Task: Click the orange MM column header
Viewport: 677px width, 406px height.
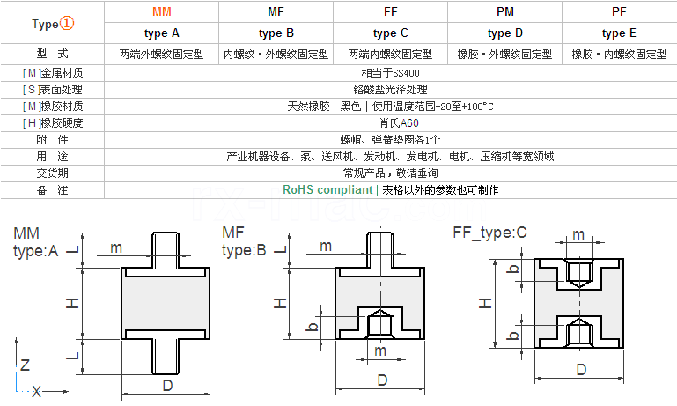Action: tap(162, 11)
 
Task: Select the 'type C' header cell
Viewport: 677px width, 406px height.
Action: tap(390, 33)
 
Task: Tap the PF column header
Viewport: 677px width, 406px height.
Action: tap(619, 11)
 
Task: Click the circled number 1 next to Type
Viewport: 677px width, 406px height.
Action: tap(67, 23)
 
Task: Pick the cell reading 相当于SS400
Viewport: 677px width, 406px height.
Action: tap(390, 73)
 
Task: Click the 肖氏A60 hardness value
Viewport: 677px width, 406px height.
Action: tap(399, 123)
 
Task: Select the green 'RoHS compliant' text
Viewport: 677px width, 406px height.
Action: tap(327, 189)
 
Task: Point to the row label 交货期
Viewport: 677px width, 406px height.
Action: tap(52, 173)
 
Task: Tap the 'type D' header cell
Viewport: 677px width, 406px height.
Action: tap(504, 33)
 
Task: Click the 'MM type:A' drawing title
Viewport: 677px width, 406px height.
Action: tap(36, 242)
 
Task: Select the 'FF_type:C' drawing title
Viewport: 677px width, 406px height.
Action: tap(489, 233)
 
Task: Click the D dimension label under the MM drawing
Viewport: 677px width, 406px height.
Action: tap(167, 385)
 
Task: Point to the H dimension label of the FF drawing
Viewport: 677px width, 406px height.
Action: tap(485, 303)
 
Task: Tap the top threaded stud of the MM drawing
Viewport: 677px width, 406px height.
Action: tap(166, 249)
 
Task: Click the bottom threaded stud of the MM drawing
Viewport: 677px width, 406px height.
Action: tap(166, 357)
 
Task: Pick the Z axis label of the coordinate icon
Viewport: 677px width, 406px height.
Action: tap(25, 365)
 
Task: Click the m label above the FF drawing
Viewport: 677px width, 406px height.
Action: tap(578, 234)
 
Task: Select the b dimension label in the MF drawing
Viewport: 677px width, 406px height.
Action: tap(313, 326)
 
